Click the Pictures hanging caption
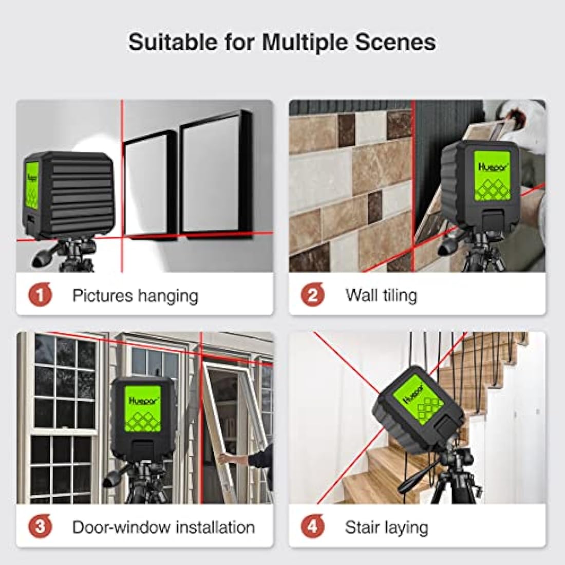click(x=135, y=295)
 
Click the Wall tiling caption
click(x=381, y=295)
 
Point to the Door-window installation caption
click(x=163, y=527)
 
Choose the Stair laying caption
click(x=386, y=527)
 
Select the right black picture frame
click(x=216, y=177)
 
